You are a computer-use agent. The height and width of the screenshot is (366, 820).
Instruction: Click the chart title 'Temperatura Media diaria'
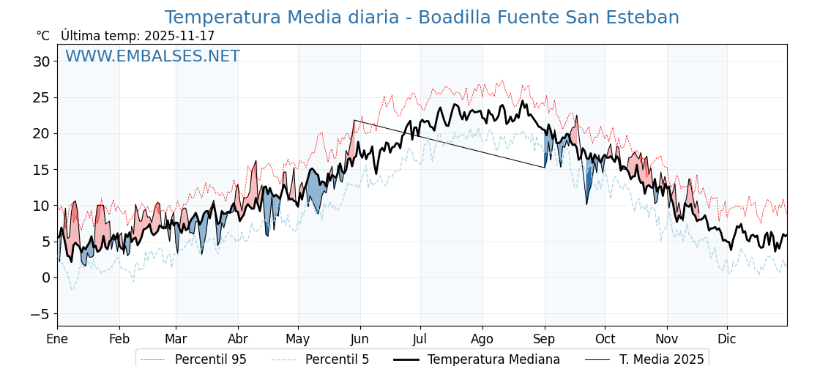421,18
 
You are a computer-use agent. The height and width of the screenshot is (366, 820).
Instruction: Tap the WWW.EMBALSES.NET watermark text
152,56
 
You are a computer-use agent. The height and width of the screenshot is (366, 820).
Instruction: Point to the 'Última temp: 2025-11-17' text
138,36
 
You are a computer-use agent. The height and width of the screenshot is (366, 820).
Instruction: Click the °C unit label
43,36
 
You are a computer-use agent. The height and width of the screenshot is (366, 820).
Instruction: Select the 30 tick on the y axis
42,61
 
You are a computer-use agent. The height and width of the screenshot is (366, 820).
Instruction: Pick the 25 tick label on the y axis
42,97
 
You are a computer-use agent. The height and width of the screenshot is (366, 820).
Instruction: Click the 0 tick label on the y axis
46,277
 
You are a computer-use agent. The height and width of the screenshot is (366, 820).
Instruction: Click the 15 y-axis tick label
42,169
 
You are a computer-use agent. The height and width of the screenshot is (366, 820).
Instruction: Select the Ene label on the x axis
57,339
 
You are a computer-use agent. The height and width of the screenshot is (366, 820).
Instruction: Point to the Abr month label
238,339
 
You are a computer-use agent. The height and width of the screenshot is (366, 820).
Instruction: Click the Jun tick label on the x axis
359,339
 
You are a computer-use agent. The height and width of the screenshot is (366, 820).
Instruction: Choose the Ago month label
482,339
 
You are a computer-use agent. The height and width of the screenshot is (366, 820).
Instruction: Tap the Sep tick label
544,339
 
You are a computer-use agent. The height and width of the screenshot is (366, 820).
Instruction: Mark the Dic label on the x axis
727,339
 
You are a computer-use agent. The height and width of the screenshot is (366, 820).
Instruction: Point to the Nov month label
666,339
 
